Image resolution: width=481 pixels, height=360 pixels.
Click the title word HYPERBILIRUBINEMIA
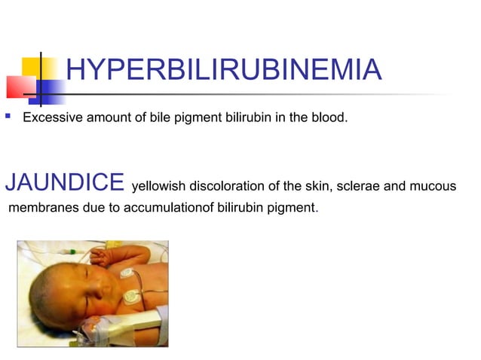click(223, 71)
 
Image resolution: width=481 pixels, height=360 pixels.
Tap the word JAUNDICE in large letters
click(65, 182)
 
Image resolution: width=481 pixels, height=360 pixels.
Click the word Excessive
click(51, 118)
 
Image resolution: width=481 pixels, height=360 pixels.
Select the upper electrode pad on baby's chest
click(127, 273)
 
